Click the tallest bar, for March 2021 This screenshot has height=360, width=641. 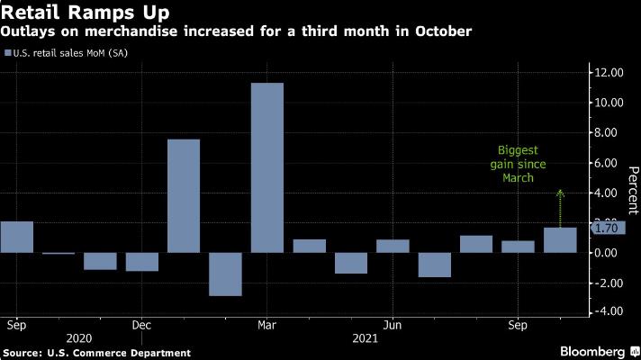pos(267,167)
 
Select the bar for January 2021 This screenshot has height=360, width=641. pos(184,196)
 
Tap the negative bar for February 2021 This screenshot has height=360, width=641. pos(225,274)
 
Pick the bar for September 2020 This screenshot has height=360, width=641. pos(16,237)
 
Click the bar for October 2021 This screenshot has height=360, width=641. pos(559,240)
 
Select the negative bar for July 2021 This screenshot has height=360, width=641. pos(434,265)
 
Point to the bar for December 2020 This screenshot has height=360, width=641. pos(142,262)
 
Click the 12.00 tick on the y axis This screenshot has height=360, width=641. pos(607,73)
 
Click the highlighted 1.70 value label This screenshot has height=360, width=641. pos(608,229)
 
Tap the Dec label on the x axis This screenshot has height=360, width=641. pos(140,321)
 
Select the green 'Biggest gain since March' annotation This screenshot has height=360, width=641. pos(522,165)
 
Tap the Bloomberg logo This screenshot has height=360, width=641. pos(595,349)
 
